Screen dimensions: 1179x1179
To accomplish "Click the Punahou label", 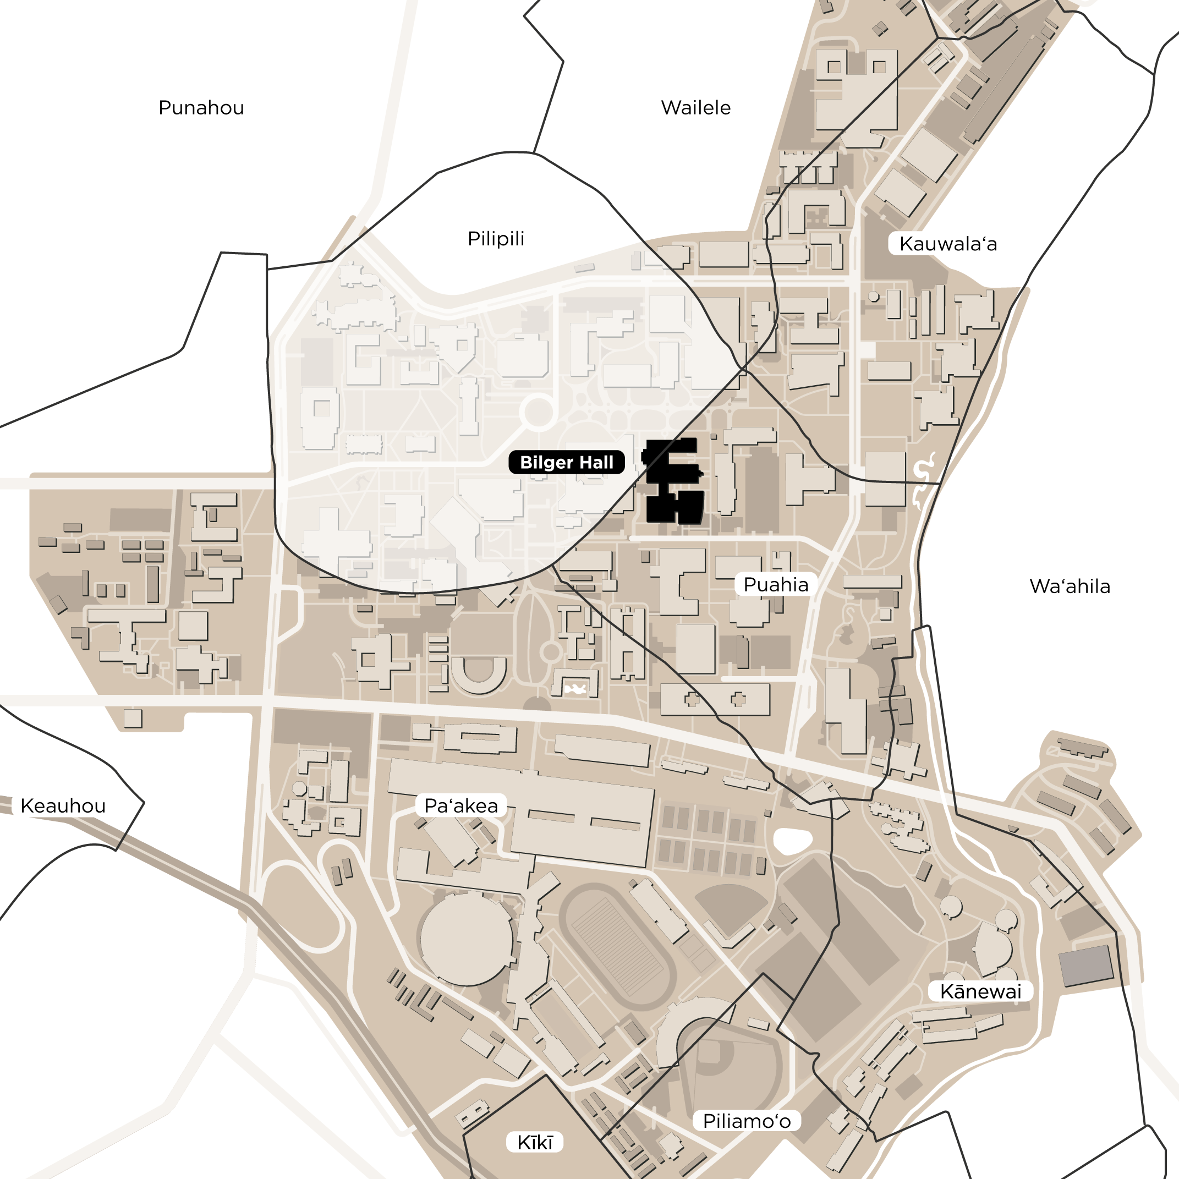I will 201,107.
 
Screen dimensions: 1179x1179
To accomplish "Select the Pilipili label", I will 496,239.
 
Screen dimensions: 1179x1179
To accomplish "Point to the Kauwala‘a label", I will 948,244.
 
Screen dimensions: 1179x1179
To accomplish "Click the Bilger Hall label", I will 566,463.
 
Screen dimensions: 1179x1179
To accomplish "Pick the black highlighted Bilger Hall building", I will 671,482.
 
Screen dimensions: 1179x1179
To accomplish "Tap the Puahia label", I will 775,585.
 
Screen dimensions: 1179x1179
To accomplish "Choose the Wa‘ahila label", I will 1069,586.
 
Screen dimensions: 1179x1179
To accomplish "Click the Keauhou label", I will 63,805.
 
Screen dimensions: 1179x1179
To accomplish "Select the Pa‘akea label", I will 460,806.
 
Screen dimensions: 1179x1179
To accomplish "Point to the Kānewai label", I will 980,991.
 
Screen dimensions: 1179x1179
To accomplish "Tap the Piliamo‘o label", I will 747,1121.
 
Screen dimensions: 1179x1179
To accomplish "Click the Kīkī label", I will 535,1142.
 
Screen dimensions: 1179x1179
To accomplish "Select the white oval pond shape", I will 792,841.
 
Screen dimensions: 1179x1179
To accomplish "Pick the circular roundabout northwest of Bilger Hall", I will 537,411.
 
